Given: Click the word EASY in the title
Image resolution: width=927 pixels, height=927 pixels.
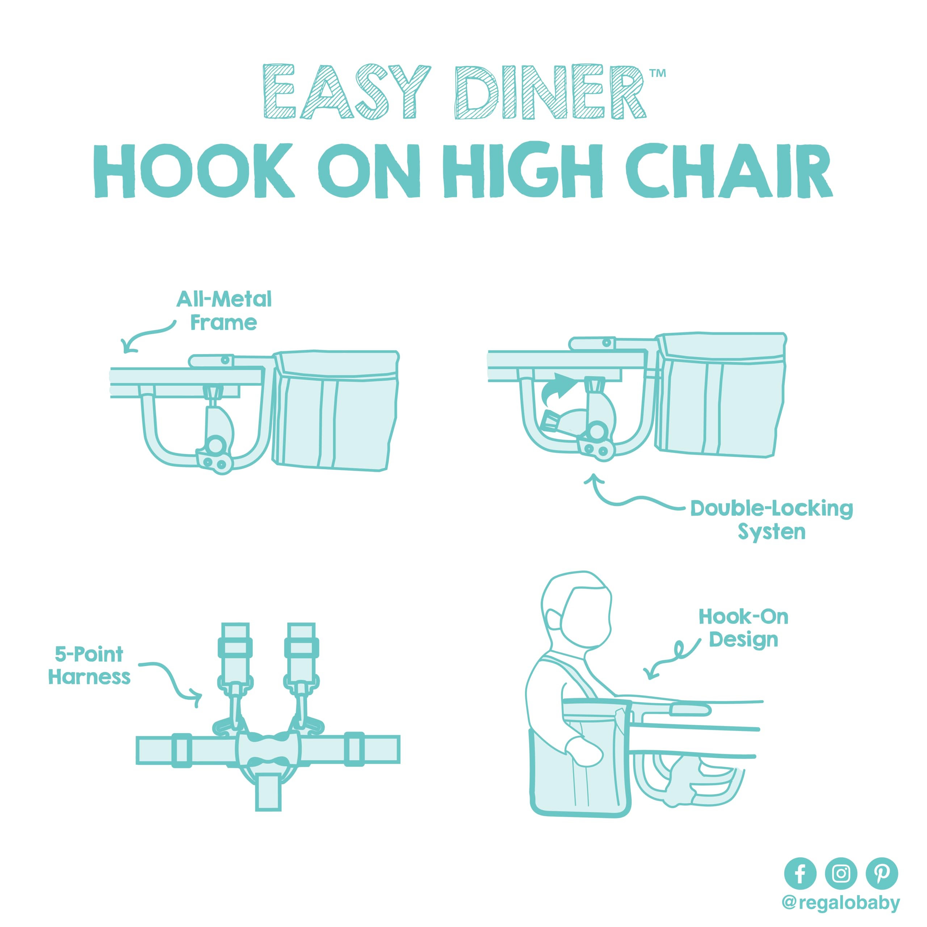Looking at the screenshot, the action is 347,91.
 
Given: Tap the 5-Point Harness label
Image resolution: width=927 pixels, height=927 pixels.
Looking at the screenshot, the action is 89,666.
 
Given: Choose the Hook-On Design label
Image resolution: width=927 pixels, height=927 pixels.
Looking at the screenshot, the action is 743,628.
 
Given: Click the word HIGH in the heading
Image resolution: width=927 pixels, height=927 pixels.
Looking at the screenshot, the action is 523,170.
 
